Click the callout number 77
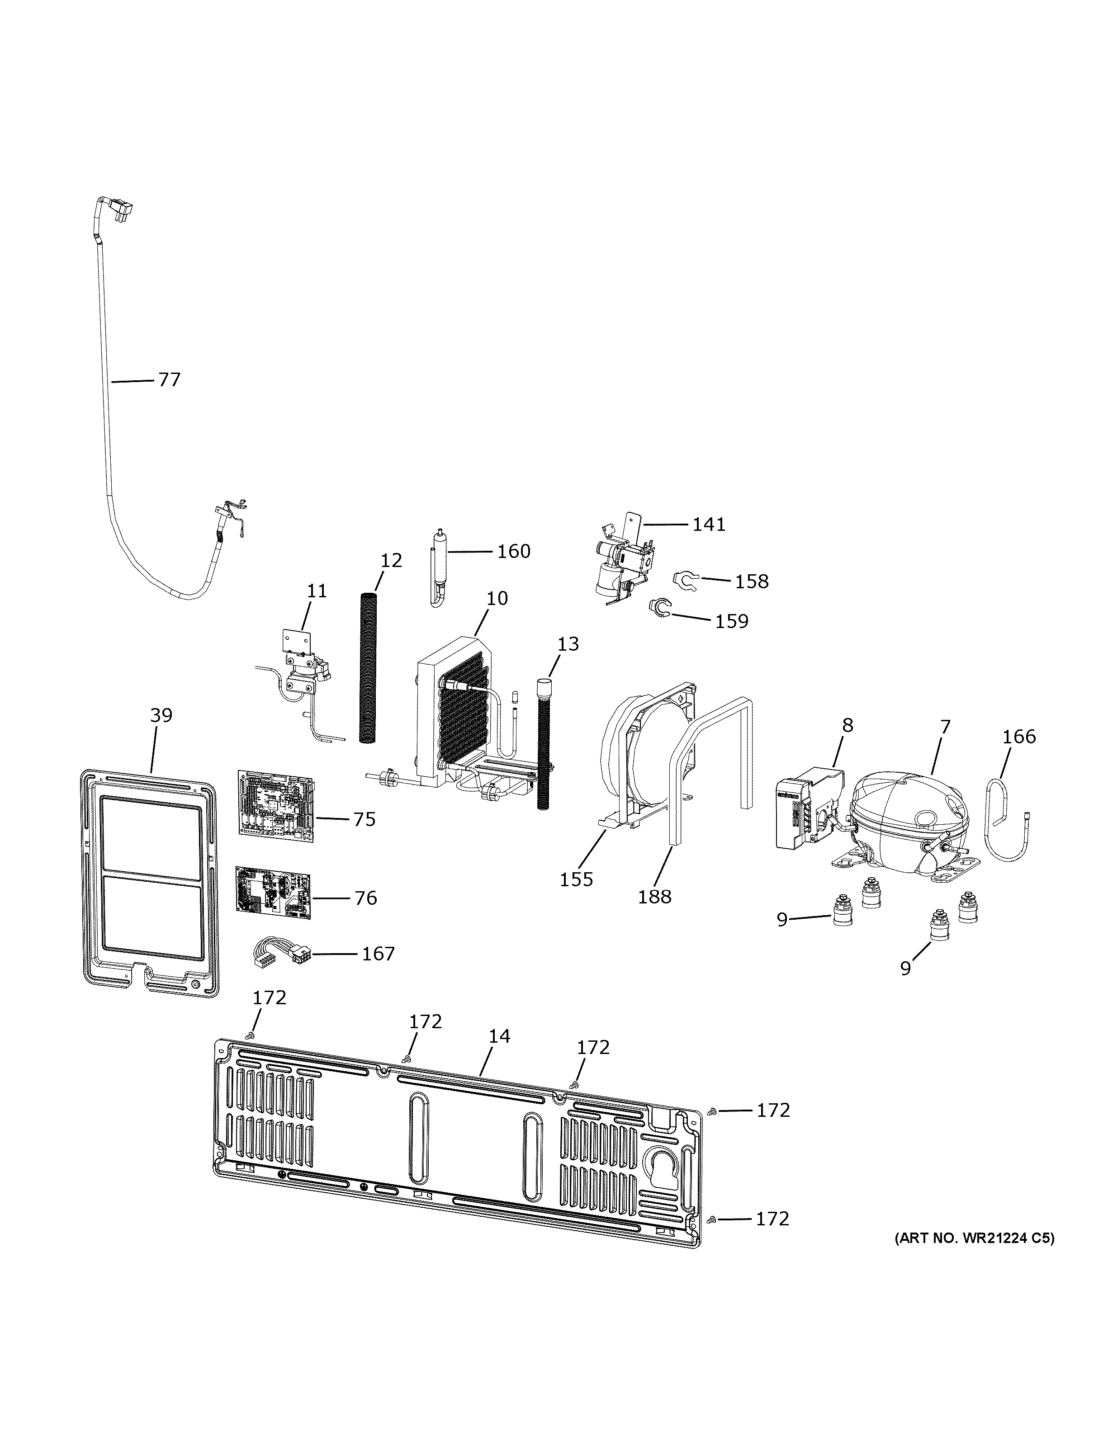pos(169,380)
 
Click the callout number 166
pos(1019,737)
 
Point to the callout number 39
pos(161,715)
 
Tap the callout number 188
pos(654,896)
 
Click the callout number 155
pos(576,879)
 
